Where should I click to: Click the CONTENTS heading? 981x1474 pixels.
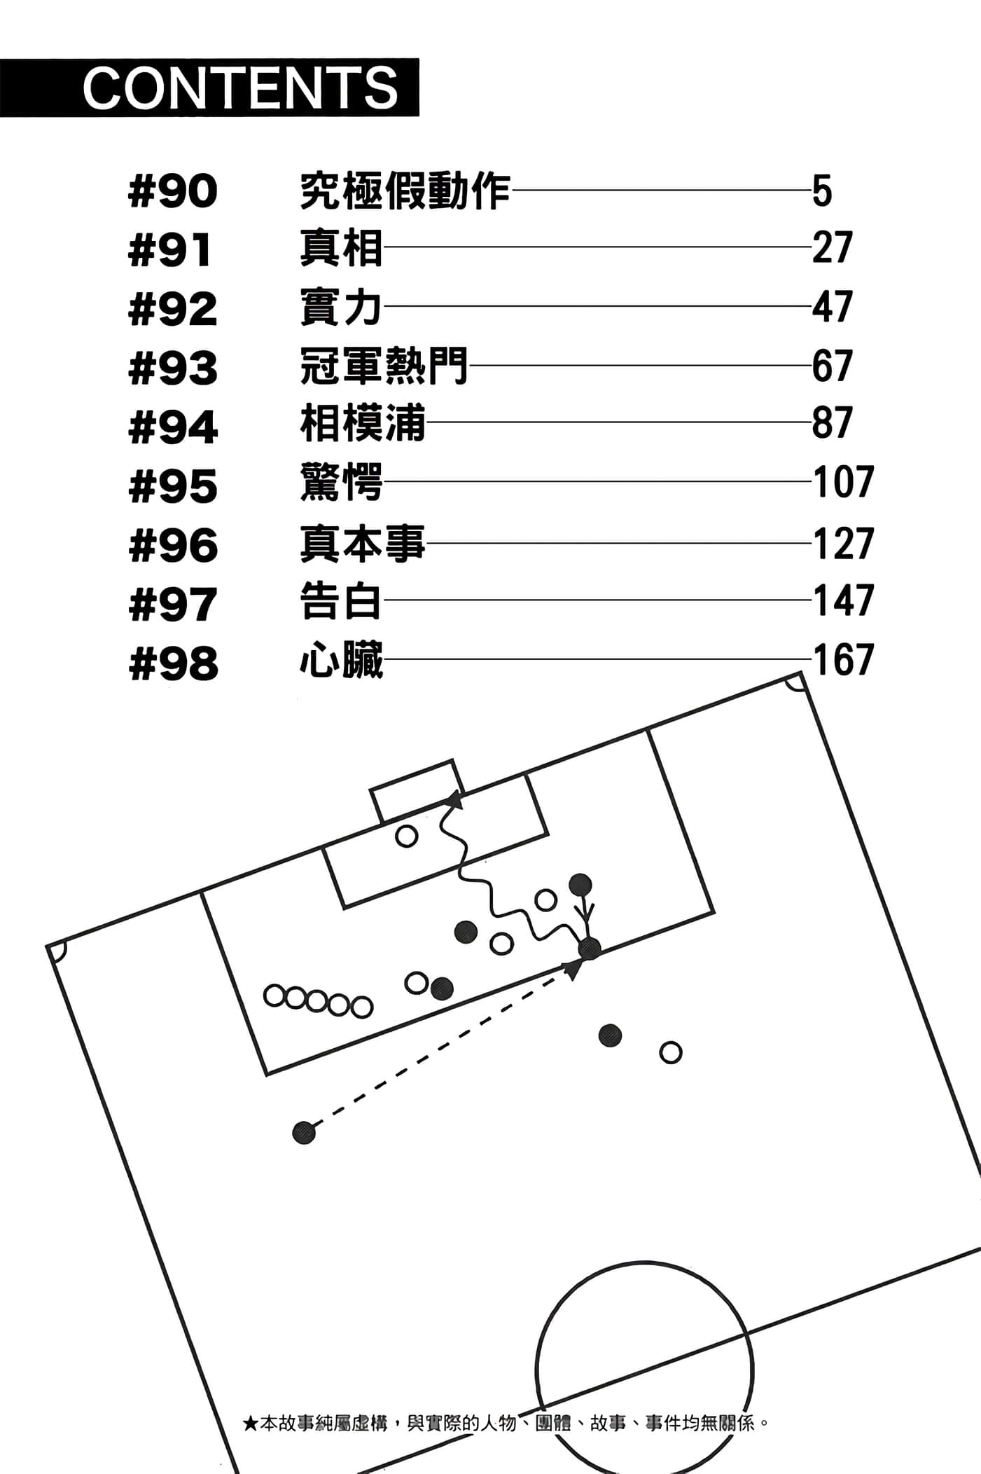point(240,88)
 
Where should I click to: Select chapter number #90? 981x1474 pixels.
point(173,191)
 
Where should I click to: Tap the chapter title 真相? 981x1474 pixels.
point(341,249)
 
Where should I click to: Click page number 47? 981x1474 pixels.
point(832,307)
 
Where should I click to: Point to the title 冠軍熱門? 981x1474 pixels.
point(384,366)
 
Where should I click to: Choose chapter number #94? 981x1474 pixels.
point(173,427)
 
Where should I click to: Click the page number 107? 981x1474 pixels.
point(843,483)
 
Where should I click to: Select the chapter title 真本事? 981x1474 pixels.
point(362,544)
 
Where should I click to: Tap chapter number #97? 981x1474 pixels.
point(173,605)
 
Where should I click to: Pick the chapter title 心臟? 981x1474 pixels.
point(341,661)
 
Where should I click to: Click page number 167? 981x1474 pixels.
point(843,661)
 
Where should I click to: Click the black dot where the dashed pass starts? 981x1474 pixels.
point(304,1132)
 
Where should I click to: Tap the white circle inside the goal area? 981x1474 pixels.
point(406,836)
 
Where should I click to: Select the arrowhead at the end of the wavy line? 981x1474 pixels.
point(456,799)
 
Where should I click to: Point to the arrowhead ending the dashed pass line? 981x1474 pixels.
point(575,970)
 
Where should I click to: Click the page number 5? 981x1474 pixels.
point(822,191)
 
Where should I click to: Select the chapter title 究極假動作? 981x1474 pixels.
point(405,191)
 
